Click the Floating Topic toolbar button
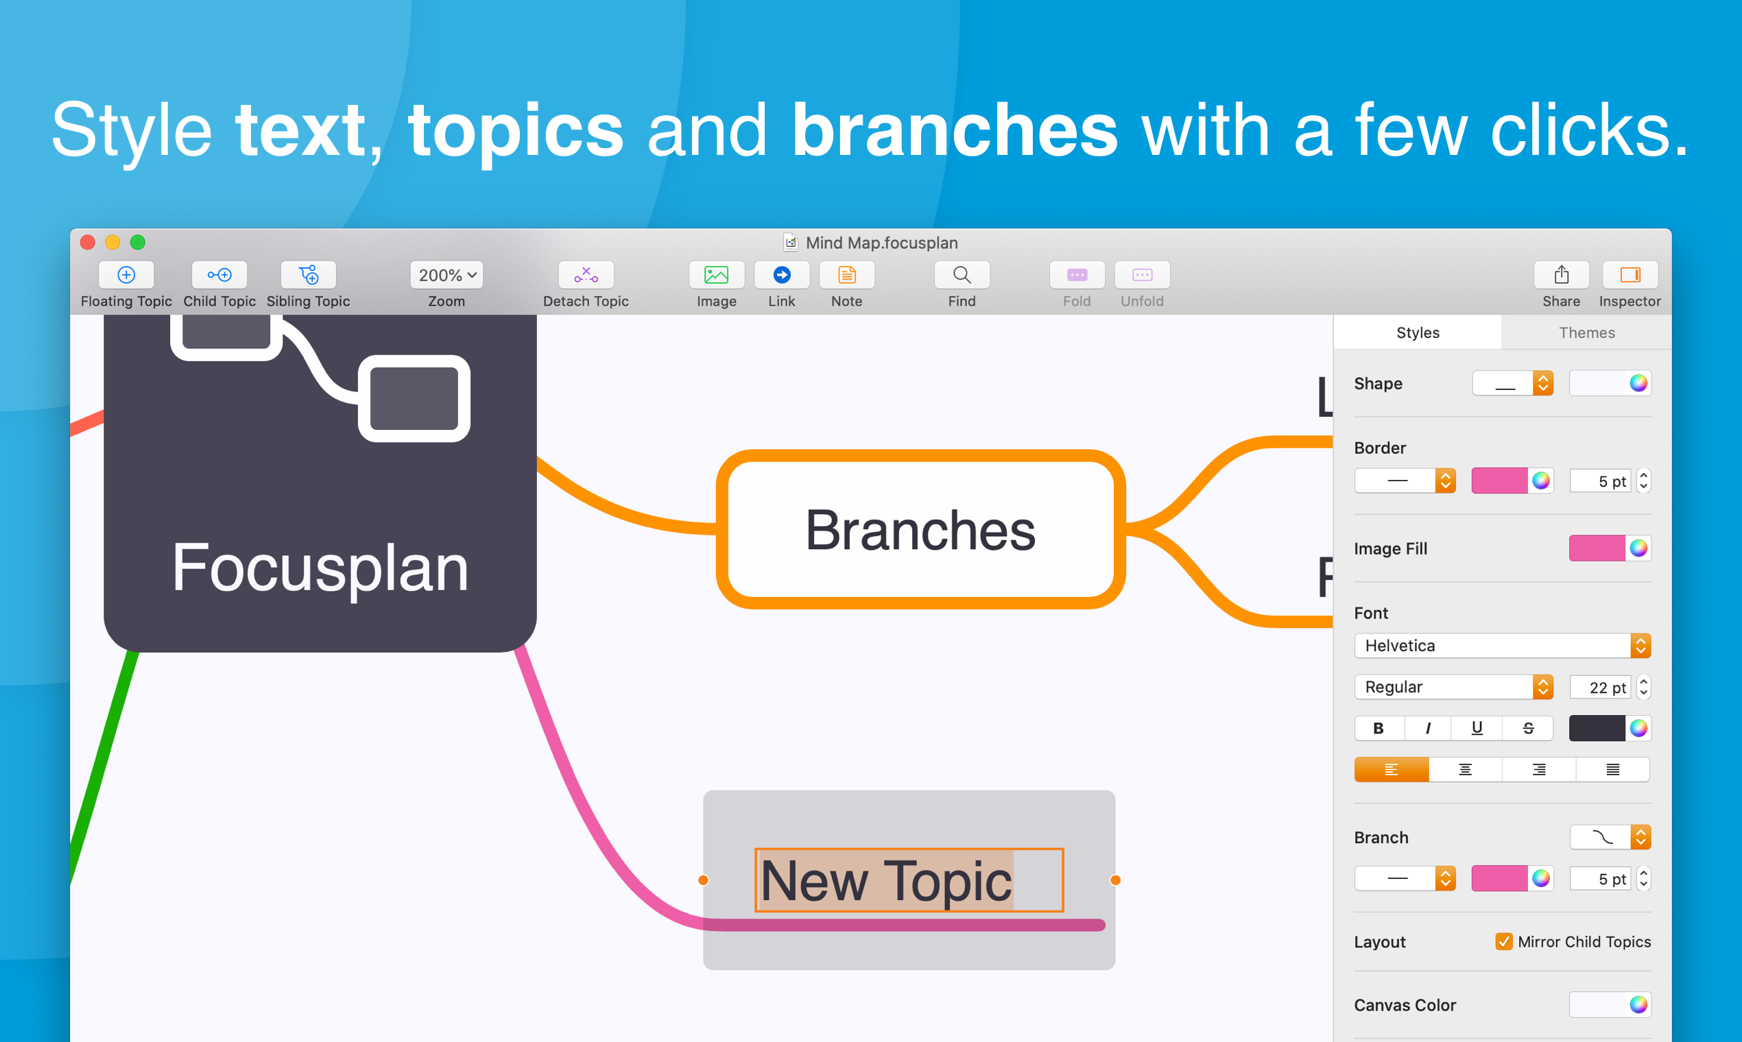(x=126, y=274)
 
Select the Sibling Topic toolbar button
(x=309, y=274)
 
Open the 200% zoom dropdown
(x=446, y=274)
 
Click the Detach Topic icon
(x=586, y=274)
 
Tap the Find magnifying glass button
(x=962, y=274)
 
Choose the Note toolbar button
(x=846, y=274)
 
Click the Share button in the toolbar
(x=1561, y=274)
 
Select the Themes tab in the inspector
(x=1587, y=332)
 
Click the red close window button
(x=88, y=242)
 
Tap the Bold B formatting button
(x=1378, y=728)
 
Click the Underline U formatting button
(x=1477, y=728)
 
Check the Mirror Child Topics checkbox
(x=1503, y=941)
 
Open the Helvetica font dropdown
(x=1502, y=645)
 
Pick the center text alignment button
(x=1465, y=770)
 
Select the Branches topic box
(x=920, y=529)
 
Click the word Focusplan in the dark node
(x=320, y=568)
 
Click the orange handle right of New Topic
(x=1115, y=880)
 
